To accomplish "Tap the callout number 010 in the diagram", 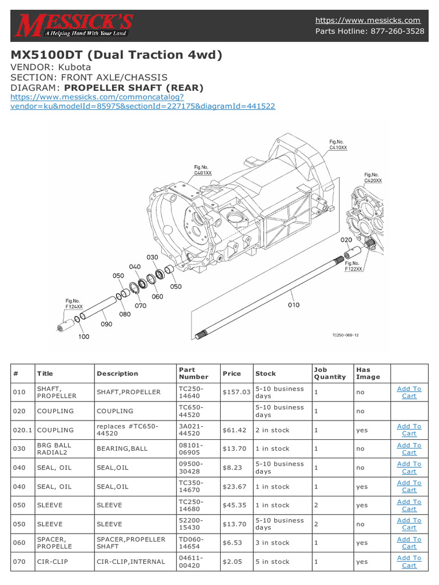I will (x=293, y=305).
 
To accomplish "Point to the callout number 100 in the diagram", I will (x=84, y=336).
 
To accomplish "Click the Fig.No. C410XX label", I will (x=338, y=144).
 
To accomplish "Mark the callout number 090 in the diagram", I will (x=107, y=324).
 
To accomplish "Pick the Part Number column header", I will (x=190, y=373).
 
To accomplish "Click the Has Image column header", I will (x=368, y=373).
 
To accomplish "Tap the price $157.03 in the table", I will (x=236, y=392).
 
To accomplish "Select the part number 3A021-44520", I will (x=191, y=430).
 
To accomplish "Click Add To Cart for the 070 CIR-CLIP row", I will (x=409, y=562).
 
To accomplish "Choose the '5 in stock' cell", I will (x=272, y=562).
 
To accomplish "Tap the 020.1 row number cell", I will (x=21, y=430).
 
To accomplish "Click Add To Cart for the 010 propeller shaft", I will (x=409, y=392).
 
